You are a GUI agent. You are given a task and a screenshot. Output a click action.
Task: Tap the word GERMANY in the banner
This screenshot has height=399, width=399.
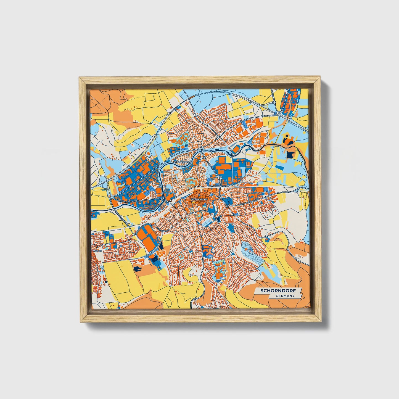pos(285,296)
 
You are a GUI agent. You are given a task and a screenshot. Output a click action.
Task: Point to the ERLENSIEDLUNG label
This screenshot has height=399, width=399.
pos(182,162)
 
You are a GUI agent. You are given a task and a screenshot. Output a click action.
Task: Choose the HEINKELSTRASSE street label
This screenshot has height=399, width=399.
pos(221,186)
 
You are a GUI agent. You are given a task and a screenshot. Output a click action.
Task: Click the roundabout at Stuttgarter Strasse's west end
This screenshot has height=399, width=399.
pos(112,198)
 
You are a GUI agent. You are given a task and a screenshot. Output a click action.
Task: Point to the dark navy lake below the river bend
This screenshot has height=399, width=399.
pos(290,154)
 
